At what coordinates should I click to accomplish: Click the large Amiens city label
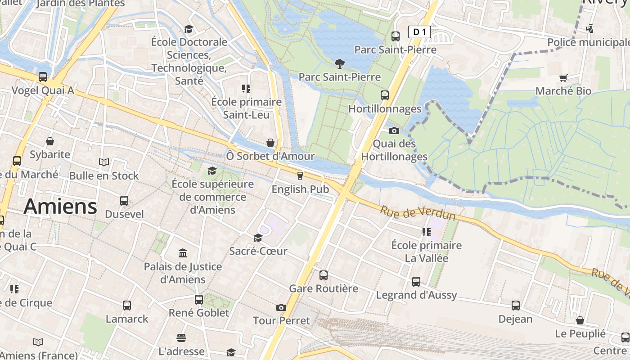(x=60, y=207)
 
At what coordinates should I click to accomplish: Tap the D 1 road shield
(x=419, y=31)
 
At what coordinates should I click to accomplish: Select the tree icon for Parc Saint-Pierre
(x=340, y=63)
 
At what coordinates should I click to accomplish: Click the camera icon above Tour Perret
(x=281, y=308)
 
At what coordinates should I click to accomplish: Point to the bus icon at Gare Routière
(x=324, y=275)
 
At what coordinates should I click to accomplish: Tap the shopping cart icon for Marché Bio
(x=563, y=78)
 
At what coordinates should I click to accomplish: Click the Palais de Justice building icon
(x=183, y=253)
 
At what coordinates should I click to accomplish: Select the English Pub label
(x=300, y=189)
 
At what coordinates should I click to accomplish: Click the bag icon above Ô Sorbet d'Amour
(x=270, y=143)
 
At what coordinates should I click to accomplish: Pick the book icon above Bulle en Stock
(x=104, y=162)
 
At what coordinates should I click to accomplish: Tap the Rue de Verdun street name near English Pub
(x=418, y=213)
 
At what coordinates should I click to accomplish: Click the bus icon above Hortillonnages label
(x=385, y=95)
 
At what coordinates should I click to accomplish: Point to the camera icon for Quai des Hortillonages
(x=394, y=131)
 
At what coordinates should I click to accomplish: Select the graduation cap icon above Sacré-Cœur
(x=258, y=238)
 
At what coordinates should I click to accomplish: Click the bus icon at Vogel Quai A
(x=43, y=77)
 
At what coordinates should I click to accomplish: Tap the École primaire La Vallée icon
(x=426, y=232)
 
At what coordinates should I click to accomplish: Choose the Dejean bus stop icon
(x=516, y=306)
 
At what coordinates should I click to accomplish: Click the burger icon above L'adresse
(x=181, y=337)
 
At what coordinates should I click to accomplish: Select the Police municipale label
(x=588, y=42)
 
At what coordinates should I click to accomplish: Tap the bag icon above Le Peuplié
(x=580, y=320)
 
